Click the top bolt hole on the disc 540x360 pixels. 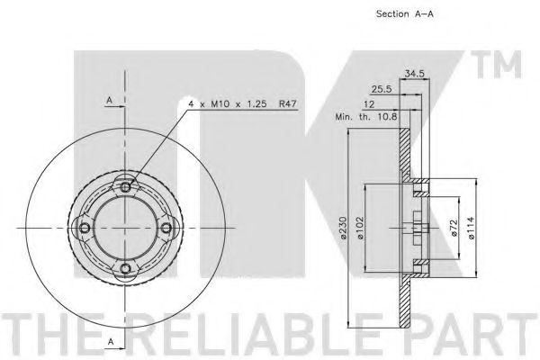coord(125,187)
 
